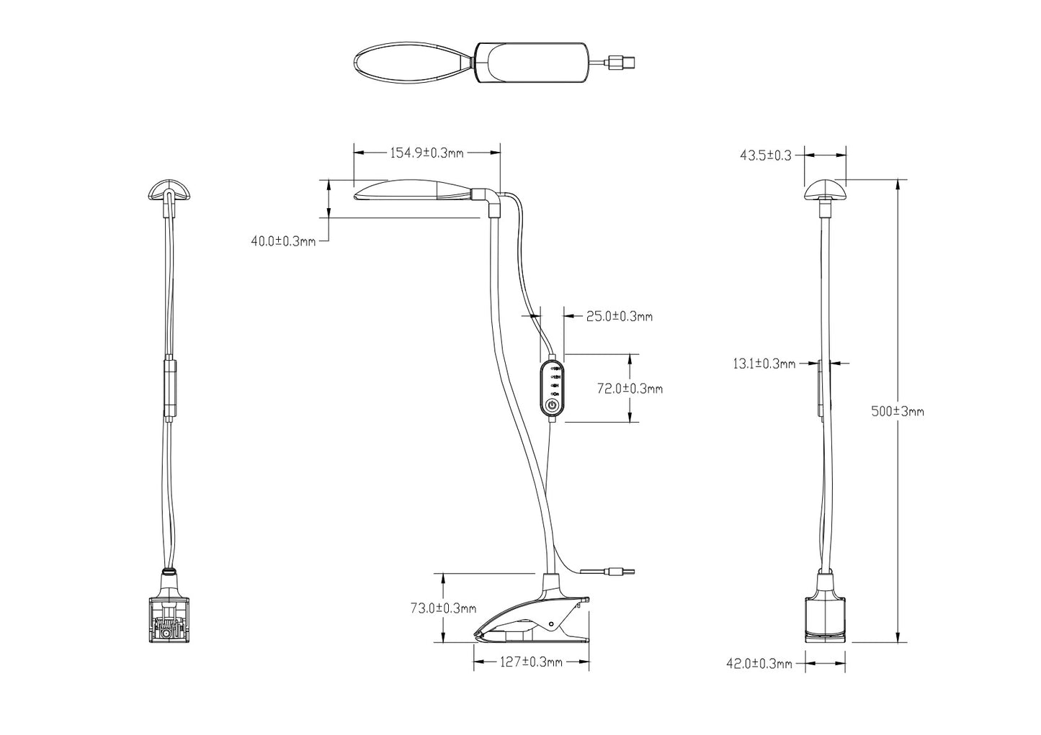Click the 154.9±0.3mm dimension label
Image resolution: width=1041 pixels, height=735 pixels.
pos(426,153)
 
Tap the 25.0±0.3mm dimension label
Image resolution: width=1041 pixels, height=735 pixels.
pos(619,316)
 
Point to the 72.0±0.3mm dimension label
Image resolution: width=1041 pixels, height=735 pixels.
pos(630,389)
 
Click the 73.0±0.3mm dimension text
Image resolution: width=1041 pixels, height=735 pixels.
pos(443,608)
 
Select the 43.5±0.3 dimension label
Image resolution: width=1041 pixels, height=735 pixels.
pos(766,155)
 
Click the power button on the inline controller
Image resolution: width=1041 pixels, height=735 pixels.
pos(552,405)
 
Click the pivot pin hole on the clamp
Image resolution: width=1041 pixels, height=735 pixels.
pos(551,623)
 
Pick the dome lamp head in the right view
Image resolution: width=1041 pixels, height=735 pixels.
pos(825,191)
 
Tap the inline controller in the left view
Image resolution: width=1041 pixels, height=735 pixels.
pos(169,387)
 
